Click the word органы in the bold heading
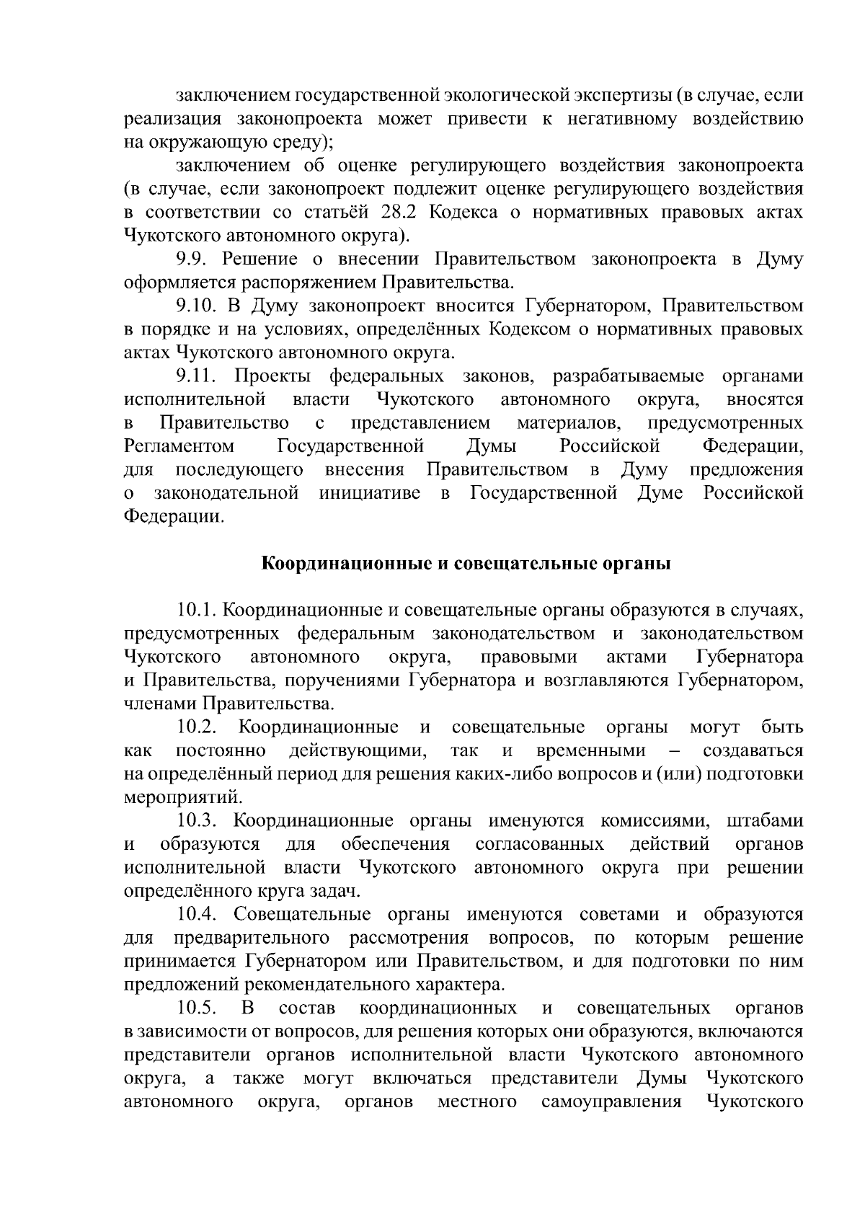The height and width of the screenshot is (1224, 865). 638,564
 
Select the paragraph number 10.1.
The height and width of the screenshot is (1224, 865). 197,611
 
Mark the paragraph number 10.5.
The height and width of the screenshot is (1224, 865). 197,1008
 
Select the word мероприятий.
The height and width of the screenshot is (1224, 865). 179,798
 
